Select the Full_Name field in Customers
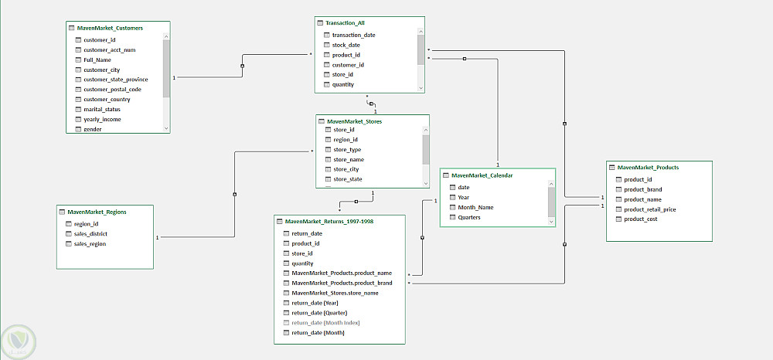click(97, 59)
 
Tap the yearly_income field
click(102, 119)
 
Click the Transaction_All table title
click(345, 22)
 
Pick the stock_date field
click(346, 45)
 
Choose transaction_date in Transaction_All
click(354, 35)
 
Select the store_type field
click(347, 149)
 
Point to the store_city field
click(346, 169)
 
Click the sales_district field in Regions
click(90, 234)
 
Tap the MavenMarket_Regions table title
click(97, 212)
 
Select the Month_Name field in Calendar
click(475, 207)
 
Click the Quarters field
click(469, 217)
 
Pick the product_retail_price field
click(650, 209)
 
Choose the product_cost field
click(640, 219)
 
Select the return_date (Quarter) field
click(319, 313)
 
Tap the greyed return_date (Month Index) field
click(325, 323)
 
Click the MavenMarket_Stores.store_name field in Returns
click(335, 293)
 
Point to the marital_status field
click(101, 110)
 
